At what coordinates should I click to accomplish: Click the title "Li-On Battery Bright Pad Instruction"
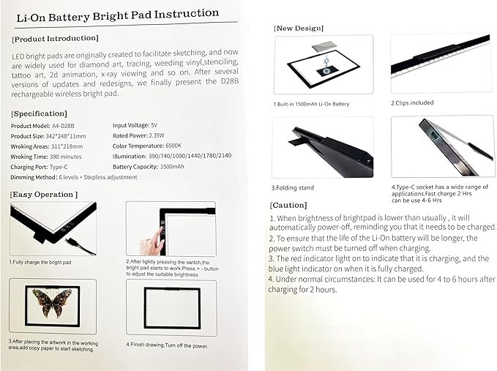click(118, 14)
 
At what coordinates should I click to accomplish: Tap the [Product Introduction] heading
click(56, 38)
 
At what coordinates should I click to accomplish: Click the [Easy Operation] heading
click(44, 195)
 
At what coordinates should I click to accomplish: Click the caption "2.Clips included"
click(412, 103)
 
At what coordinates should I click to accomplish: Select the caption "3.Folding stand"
click(293, 188)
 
